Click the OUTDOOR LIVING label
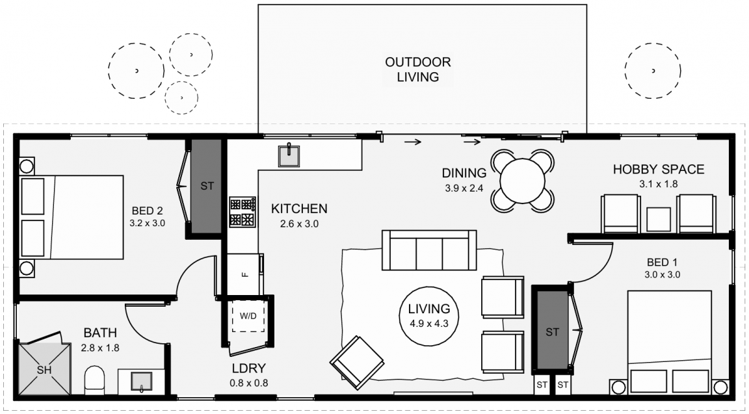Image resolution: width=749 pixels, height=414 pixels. tap(418, 70)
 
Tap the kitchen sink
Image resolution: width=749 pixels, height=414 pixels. tap(289, 156)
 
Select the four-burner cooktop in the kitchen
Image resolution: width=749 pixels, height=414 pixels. tap(243, 212)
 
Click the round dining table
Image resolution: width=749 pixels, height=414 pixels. tap(523, 181)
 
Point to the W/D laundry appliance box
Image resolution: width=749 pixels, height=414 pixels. tap(248, 316)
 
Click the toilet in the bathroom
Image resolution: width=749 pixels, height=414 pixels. tap(94, 381)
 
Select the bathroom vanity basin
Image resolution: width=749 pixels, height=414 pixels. tap(141, 381)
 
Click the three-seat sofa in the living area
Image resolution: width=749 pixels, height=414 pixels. tap(429, 250)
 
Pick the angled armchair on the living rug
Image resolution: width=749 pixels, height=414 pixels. tap(357, 363)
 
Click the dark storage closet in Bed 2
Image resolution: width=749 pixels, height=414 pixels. tap(207, 186)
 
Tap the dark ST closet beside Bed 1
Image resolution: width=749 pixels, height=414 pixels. tap(552, 330)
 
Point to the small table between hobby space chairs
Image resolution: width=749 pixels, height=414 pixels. tap(658, 219)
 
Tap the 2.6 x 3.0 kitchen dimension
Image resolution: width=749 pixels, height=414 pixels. tap(299, 223)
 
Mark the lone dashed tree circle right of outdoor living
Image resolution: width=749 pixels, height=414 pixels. tap(653, 71)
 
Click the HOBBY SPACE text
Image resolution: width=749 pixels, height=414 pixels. tap(658, 170)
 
